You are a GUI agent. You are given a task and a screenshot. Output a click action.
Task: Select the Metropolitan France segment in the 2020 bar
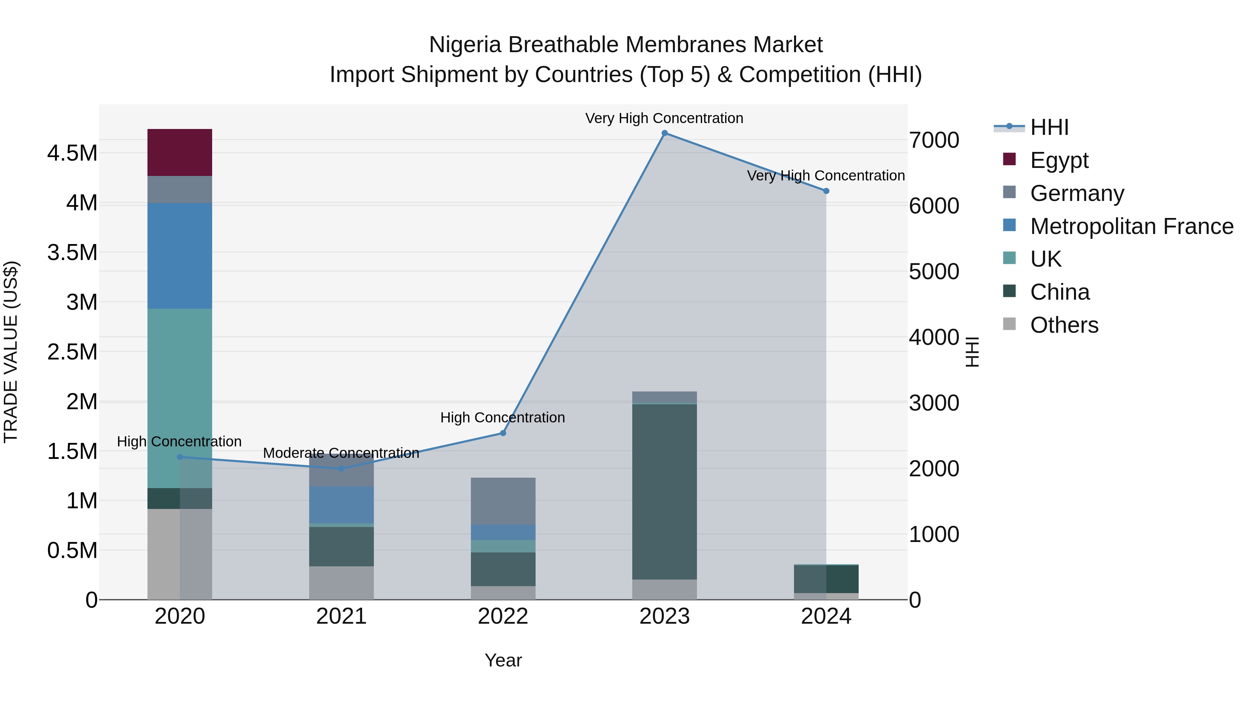179,256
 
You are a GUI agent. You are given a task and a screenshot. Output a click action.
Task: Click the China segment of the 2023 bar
664,491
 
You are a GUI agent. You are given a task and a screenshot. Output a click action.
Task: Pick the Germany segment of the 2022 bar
503,501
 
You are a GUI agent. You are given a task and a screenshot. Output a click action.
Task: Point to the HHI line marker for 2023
664,133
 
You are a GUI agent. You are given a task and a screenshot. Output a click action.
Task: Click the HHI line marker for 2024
826,191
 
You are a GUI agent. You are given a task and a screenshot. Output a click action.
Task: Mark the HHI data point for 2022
503,433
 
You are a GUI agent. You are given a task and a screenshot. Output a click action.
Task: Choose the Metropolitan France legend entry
1131,226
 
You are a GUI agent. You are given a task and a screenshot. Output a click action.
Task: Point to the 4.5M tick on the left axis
72,153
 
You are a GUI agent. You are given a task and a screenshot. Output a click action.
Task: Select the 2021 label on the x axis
341,616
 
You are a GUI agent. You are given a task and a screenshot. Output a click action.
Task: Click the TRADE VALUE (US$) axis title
11,352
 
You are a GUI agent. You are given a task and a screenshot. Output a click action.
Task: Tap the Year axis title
503,660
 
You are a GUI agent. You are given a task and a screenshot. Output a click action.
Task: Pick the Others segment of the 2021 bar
341,583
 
